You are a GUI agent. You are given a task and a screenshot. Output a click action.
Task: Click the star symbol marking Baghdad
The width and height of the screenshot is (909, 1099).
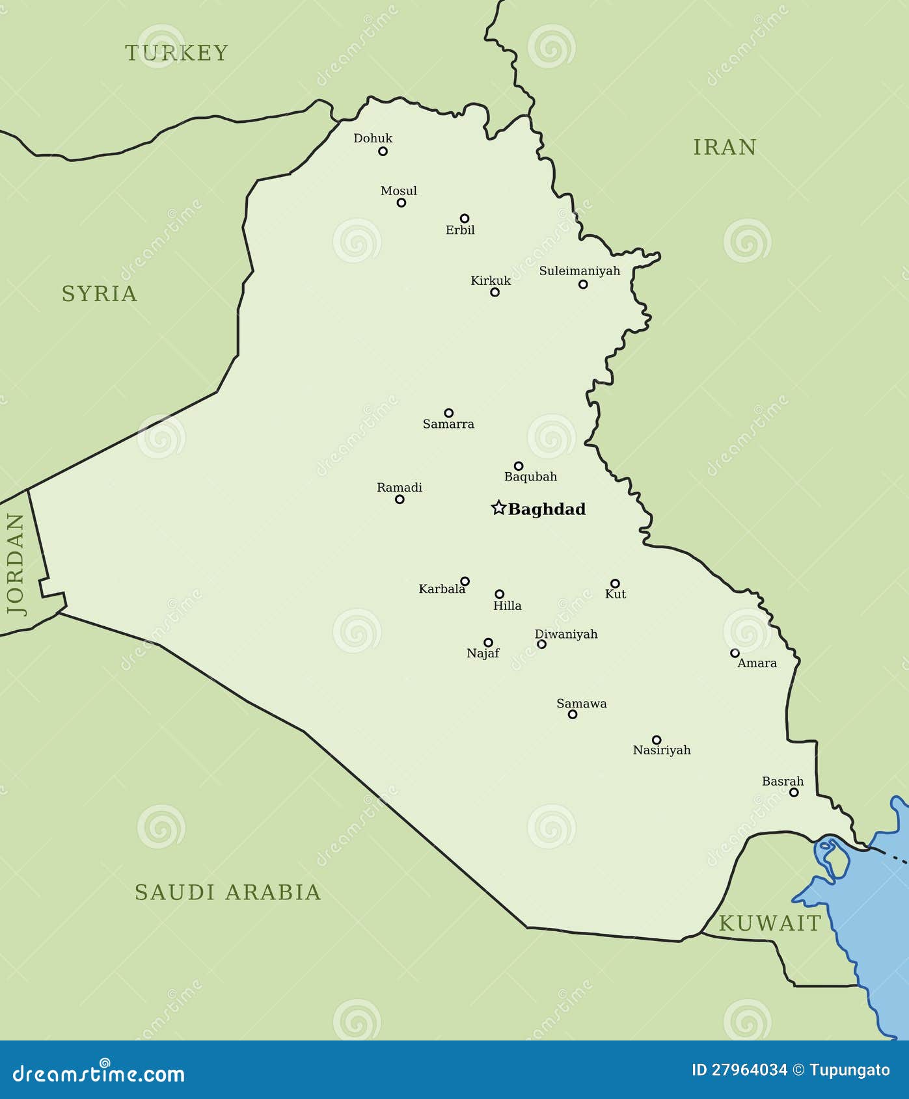click(x=498, y=508)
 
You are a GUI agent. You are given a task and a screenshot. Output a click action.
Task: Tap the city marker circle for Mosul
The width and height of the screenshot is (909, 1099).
click(x=401, y=203)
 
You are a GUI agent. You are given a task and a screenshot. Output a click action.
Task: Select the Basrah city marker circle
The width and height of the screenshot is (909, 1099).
click(x=794, y=792)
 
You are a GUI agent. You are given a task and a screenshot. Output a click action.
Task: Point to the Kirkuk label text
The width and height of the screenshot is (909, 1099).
click(x=491, y=280)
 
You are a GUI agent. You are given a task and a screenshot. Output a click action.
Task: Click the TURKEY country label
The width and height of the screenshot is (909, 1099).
click(x=176, y=53)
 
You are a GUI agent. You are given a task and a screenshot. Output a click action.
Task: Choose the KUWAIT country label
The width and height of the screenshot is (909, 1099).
click(x=770, y=923)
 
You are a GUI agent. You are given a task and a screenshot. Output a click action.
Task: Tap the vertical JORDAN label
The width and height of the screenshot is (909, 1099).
click(x=16, y=564)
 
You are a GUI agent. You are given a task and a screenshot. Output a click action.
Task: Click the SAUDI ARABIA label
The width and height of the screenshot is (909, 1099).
click(x=228, y=892)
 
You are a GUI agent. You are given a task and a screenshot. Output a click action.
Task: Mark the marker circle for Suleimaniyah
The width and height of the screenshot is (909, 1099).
click(x=583, y=284)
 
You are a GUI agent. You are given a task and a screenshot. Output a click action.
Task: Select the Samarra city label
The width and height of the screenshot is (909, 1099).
click(x=448, y=424)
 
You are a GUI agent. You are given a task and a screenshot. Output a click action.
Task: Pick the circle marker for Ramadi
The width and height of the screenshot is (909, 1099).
click(x=400, y=499)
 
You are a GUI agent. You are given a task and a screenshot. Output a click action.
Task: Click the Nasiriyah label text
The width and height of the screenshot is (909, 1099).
click(x=662, y=750)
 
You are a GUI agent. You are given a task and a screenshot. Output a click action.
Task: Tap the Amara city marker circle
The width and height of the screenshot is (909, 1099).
click(x=735, y=653)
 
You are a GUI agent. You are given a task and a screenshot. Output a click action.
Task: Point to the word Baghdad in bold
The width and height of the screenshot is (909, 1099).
click(x=547, y=509)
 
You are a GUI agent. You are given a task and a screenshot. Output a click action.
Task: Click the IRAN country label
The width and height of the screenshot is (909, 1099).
click(x=724, y=148)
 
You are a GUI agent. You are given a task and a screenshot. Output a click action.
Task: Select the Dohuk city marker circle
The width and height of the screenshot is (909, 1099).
click(x=383, y=152)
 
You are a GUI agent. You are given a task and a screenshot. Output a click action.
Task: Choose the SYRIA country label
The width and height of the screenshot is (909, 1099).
click(x=100, y=294)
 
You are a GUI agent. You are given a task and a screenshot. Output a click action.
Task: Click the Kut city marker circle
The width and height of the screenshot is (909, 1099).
click(x=615, y=583)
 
